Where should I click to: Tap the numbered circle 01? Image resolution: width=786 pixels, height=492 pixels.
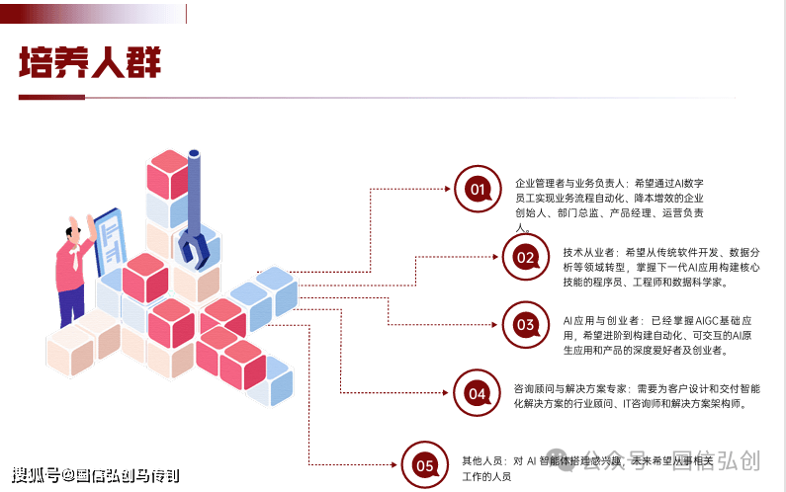478,189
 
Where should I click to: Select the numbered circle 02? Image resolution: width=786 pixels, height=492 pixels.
525,258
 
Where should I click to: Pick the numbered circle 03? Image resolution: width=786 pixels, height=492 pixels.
525,324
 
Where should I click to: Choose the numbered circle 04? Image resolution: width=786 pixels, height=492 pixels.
478,393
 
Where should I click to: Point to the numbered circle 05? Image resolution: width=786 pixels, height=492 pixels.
425,464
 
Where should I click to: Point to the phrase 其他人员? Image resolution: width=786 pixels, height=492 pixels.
481,460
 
